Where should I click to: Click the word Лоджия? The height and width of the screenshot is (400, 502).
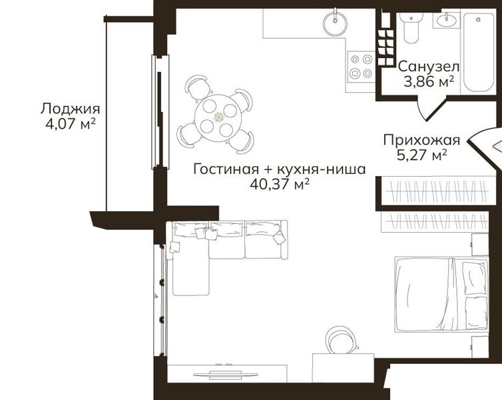pos(70,109)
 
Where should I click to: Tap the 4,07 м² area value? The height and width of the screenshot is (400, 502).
pos(71,124)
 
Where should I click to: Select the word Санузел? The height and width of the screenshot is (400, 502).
pos(429,67)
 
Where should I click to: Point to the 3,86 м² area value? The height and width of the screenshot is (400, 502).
pos(429,82)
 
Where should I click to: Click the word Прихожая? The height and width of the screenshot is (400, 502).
pos(421,141)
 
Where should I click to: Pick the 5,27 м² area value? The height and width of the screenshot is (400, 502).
pos(421,155)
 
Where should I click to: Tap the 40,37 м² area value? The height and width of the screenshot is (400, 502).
pos(280,184)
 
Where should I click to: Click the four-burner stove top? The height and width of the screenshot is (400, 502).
pos(361,67)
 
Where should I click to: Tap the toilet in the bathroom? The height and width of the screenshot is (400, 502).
pos(411,28)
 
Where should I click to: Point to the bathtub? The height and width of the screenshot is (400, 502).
pos(478,53)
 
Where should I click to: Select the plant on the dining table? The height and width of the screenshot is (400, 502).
pos(219,117)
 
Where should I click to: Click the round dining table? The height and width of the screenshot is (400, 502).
pos(218,118)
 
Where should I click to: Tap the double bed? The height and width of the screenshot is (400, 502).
pos(442,293)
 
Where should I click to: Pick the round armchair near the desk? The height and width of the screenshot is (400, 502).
pos(342,340)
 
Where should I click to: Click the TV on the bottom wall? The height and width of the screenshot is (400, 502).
pos(226,374)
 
